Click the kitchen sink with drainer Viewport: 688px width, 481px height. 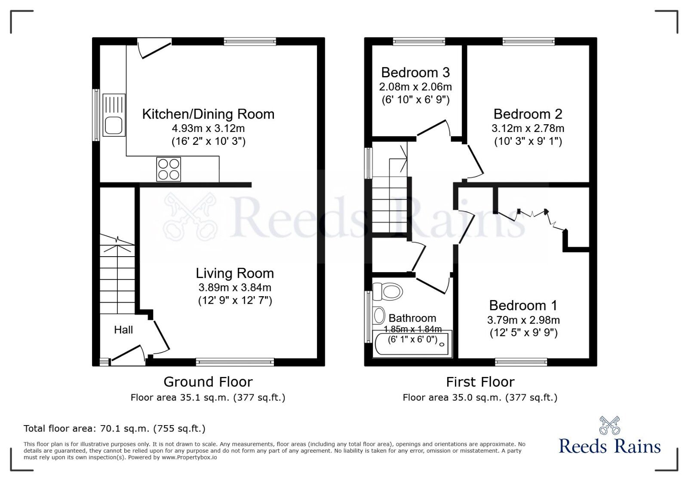pyautogui.click(x=114, y=115)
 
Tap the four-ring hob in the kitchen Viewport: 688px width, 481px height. pyautogui.click(x=169, y=169)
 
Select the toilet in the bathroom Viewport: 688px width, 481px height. pyautogui.click(x=387, y=291)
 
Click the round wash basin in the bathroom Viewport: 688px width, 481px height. pyautogui.click(x=379, y=316)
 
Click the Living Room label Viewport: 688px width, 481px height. pyautogui.click(x=235, y=273)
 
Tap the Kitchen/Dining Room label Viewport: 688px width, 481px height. pyautogui.click(x=208, y=114)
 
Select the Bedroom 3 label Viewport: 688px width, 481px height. pyautogui.click(x=415, y=72)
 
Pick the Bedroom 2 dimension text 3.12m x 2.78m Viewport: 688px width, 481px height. pyautogui.click(x=528, y=128)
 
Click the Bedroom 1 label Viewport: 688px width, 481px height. pyautogui.click(x=523, y=305)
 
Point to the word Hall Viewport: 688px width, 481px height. pyautogui.click(x=123, y=330)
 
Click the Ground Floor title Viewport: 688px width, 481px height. pyautogui.click(x=208, y=382)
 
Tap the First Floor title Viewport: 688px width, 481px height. pyautogui.click(x=480, y=382)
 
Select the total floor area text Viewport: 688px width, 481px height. pyautogui.click(x=114, y=428)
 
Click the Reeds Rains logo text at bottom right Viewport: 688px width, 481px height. pyautogui.click(x=609, y=446)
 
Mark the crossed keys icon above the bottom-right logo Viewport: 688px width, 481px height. pyautogui.click(x=609, y=425)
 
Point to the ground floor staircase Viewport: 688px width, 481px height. pyautogui.click(x=117, y=275)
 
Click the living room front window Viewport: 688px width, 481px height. pyautogui.click(x=235, y=362)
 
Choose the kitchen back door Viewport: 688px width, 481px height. pyautogui.click(x=154, y=47)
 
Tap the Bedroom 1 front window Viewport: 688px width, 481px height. pyautogui.click(x=521, y=362)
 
